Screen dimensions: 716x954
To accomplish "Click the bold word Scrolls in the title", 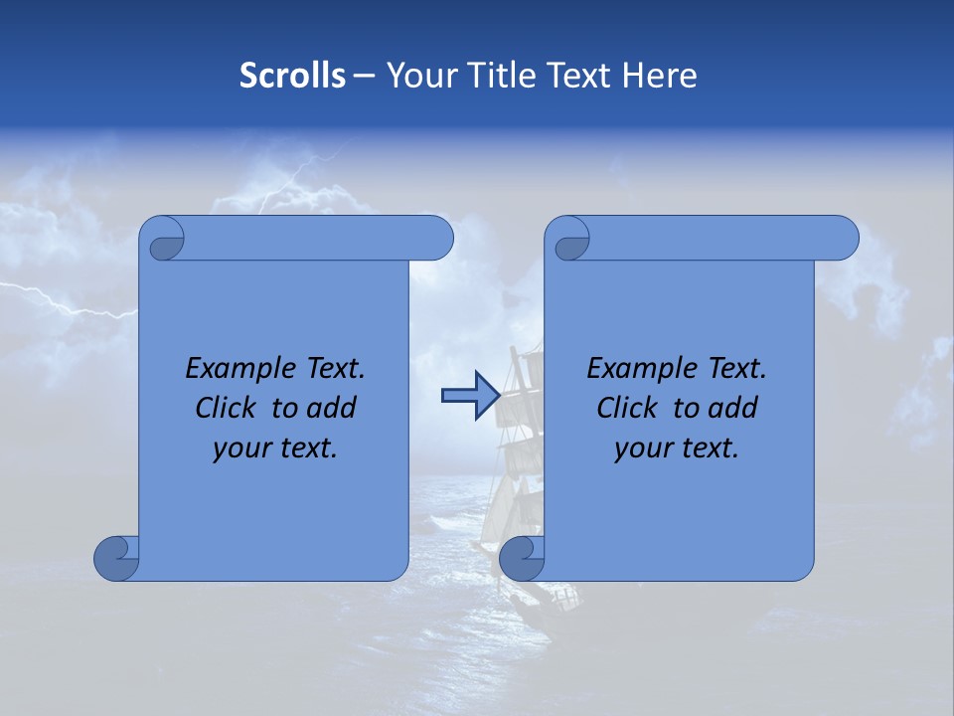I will click(292, 76).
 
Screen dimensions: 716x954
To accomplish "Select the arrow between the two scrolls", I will click(469, 395).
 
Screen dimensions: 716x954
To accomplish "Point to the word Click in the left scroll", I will click(229, 408).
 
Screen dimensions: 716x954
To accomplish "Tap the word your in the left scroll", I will click(240, 448).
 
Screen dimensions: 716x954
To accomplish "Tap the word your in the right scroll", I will click(642, 448).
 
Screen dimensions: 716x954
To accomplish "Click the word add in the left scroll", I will click(332, 408).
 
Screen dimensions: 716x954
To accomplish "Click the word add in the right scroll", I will click(733, 408).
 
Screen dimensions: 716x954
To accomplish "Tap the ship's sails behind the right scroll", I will click(522, 418).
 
